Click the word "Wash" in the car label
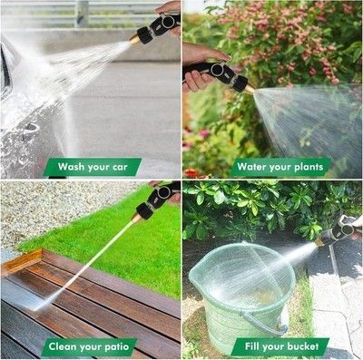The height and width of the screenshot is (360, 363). point(71,167)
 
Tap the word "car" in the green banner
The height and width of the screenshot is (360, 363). point(119,167)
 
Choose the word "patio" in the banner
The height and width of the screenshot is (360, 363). point(117,347)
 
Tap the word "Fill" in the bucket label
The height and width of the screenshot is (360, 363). point(251,346)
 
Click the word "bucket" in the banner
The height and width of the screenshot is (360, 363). point(303,346)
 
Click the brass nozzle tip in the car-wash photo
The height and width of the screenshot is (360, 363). point(134,39)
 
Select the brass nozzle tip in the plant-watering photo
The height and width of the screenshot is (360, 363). point(250,89)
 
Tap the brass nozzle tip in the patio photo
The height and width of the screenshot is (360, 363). point(136,218)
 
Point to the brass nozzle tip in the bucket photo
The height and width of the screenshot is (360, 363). point(319,242)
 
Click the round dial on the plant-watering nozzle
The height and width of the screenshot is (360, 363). point(217,70)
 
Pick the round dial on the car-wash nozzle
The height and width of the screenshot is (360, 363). point(167,21)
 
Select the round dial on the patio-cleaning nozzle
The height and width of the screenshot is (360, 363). point(163,192)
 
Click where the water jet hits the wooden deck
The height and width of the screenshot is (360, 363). point(39,307)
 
